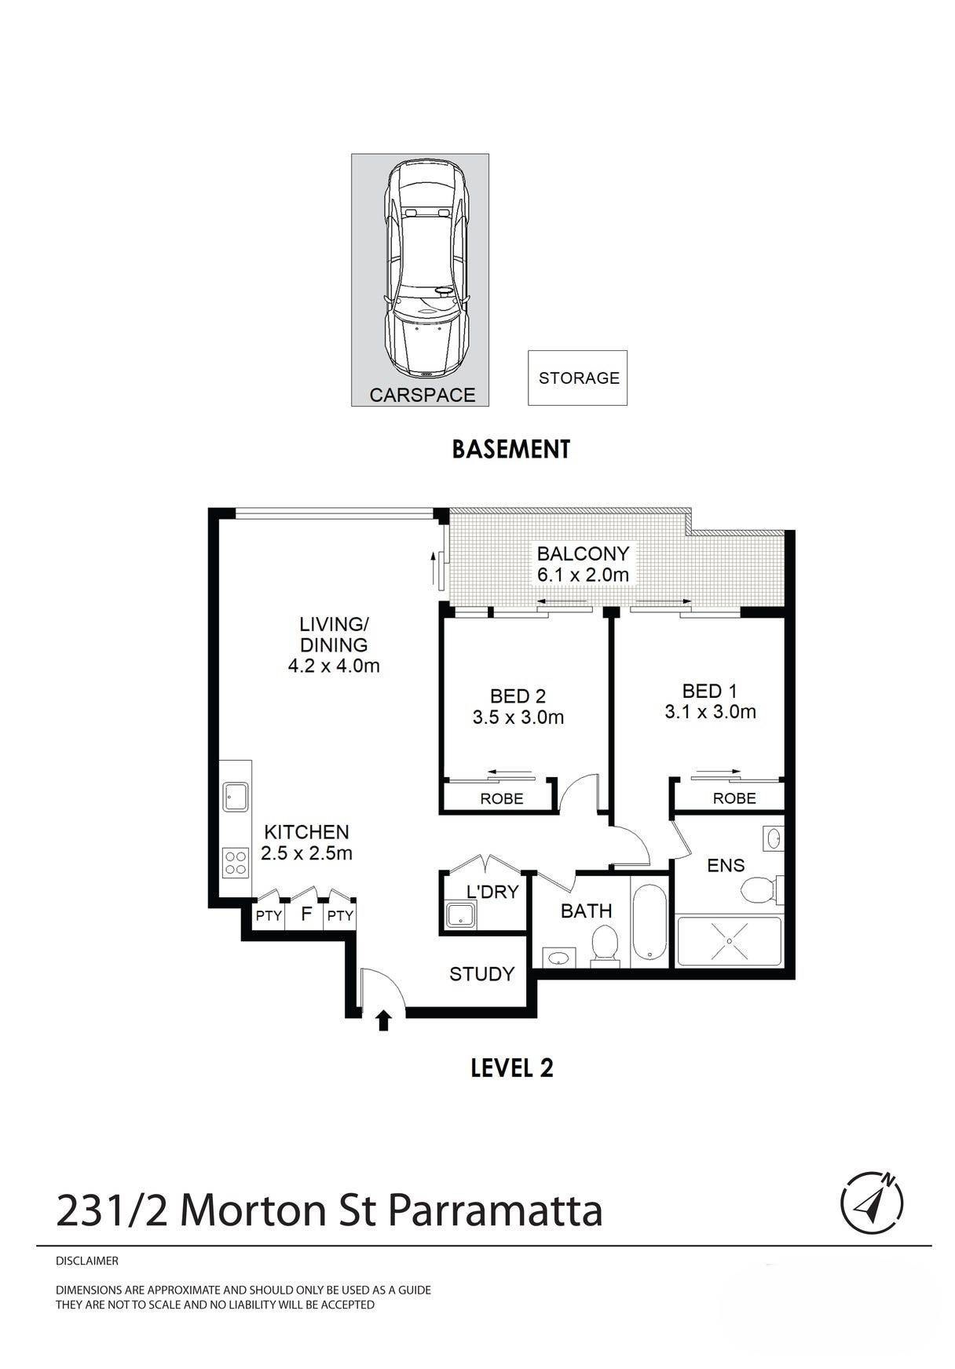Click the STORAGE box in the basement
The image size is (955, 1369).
[577, 378]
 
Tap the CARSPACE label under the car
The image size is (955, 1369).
[423, 395]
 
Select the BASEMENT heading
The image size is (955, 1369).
[510, 449]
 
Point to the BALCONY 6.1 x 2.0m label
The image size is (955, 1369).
[583, 564]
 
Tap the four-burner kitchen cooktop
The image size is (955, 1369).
[236, 863]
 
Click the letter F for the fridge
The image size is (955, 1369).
[306, 914]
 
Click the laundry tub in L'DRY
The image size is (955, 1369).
[459, 914]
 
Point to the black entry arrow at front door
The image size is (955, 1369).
[383, 1020]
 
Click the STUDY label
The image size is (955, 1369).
[481, 974]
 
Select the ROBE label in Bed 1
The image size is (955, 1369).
[734, 798]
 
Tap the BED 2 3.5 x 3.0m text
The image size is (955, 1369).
[518, 706]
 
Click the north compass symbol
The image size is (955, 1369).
[872, 1203]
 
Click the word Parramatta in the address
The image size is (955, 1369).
[495, 1210]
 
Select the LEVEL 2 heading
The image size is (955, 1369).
[512, 1068]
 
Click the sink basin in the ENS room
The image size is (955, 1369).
[773, 838]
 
